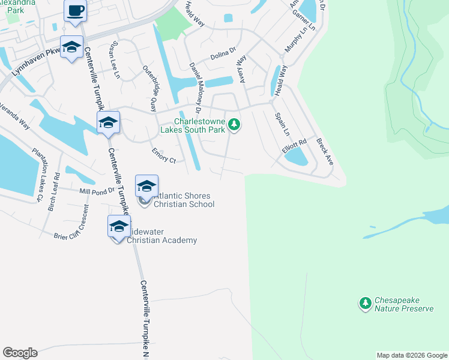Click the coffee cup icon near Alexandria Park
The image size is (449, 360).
click(75, 11)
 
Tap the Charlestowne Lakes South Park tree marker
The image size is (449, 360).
click(235, 125)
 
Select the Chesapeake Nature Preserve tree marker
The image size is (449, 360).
click(364, 304)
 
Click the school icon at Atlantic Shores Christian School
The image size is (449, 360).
click(146, 186)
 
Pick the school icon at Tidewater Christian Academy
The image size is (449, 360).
click(119, 226)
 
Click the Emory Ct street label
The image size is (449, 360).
click(164, 155)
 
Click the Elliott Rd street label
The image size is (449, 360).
click(294, 146)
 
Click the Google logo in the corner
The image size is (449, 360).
click(20, 353)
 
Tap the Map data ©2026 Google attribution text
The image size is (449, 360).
click(412, 355)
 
